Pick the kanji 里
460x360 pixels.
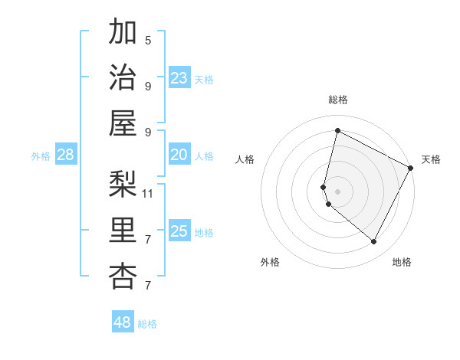(x=123, y=229)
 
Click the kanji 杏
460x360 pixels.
(x=123, y=276)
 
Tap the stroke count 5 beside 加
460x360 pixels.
(x=148, y=40)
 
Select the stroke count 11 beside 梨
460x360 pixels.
(x=148, y=193)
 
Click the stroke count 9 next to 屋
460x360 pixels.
(x=148, y=132)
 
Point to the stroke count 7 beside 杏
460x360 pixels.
(x=148, y=286)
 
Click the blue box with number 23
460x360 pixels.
(x=179, y=78)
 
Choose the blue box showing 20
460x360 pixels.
(x=179, y=155)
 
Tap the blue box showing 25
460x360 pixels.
(x=179, y=231)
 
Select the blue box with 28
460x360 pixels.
(x=66, y=155)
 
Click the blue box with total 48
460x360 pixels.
(x=123, y=322)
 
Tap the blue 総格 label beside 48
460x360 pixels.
(x=147, y=324)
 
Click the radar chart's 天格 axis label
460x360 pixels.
(x=431, y=159)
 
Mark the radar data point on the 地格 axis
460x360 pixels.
(x=374, y=242)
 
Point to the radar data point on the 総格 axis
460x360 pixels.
(x=337, y=130)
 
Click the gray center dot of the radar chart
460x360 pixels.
(x=337, y=191)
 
